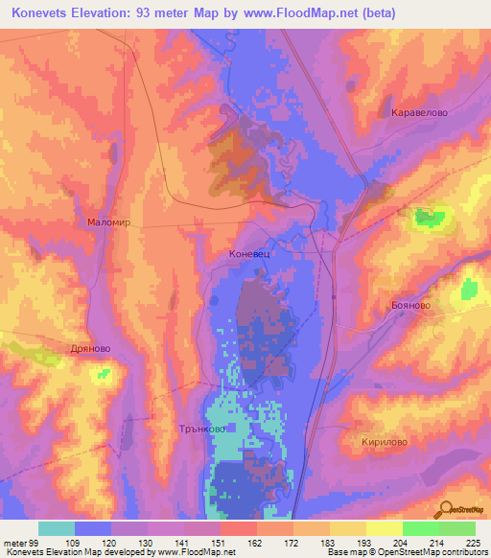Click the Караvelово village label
[x=420, y=112]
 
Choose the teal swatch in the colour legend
[x=56, y=528]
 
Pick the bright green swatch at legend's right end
[x=457, y=528]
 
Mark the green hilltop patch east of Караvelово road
[x=429, y=218]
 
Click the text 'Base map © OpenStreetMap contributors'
[x=406, y=551]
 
